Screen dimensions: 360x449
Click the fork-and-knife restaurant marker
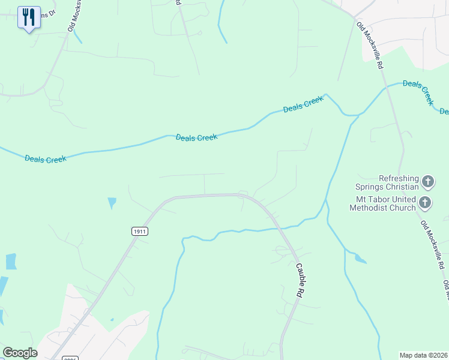pyautogui.click(x=29, y=17)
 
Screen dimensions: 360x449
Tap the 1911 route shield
pyautogui.click(x=139, y=232)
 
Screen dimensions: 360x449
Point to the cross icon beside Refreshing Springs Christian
pyautogui.click(x=428, y=181)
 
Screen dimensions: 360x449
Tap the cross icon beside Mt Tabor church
pyautogui.click(x=425, y=202)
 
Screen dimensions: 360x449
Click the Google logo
pyautogui.click(x=20, y=353)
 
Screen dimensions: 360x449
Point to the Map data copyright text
pyautogui.click(x=423, y=355)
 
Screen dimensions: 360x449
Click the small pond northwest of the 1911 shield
pyautogui.click(x=112, y=203)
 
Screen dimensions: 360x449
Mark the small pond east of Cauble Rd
pyautogui.click(x=360, y=259)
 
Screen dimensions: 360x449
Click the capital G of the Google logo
pyautogui.click(x=7, y=353)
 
